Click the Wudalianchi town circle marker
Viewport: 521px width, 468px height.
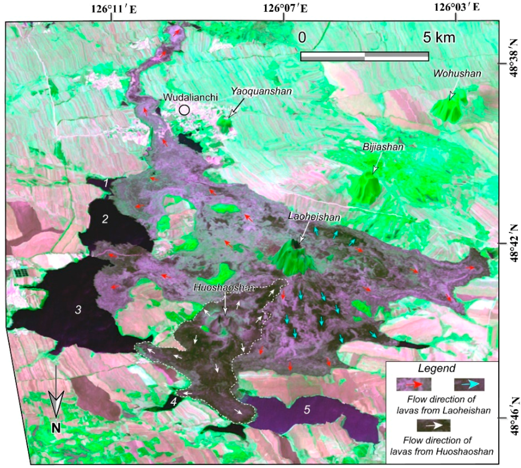coord(184,110)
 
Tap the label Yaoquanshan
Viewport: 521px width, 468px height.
coord(262,91)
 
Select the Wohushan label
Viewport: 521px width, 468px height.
coord(457,74)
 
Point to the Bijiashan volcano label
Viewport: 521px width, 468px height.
coord(383,147)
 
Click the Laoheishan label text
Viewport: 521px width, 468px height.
coord(314,217)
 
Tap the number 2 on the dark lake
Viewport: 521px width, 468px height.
coord(105,219)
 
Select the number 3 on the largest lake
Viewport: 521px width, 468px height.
coord(78,310)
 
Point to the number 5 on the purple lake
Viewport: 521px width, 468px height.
coord(307,410)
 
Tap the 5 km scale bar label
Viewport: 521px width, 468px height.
coord(439,38)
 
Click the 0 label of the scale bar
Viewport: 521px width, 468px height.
coord(302,38)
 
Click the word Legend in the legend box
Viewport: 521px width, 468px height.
coord(437,369)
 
